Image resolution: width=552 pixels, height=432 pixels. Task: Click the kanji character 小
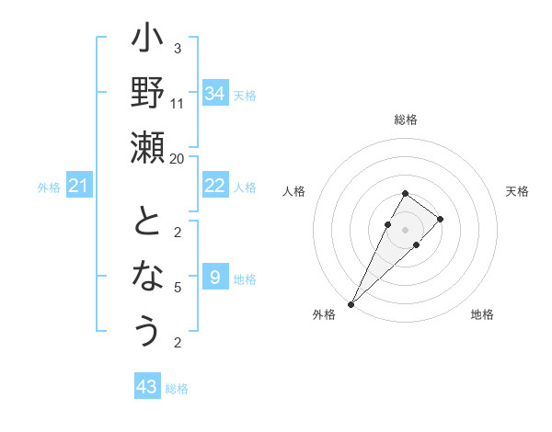click(x=147, y=41)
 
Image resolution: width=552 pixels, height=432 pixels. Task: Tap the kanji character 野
click(x=147, y=95)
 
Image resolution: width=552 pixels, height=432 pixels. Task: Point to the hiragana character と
click(x=147, y=223)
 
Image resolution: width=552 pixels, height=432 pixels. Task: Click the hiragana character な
click(x=147, y=277)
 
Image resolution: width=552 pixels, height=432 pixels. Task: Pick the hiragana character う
click(x=147, y=329)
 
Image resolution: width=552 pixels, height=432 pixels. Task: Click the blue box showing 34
click(x=214, y=94)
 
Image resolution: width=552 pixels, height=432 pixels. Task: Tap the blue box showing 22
click(x=214, y=187)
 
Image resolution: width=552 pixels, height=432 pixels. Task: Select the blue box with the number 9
click(x=214, y=278)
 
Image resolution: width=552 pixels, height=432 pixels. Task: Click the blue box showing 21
click(x=78, y=187)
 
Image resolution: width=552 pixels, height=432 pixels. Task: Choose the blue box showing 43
click(x=146, y=387)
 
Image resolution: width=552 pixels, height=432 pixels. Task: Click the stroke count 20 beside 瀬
click(x=178, y=158)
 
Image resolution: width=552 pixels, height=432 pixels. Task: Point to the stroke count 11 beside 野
click(x=178, y=103)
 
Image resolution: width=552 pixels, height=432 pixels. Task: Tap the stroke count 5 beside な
click(x=178, y=287)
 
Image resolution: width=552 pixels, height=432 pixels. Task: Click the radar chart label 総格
click(x=406, y=119)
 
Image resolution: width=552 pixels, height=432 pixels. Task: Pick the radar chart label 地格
click(x=482, y=314)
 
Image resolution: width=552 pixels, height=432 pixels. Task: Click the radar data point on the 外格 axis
click(x=351, y=303)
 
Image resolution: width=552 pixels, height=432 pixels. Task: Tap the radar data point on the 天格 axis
click(x=441, y=219)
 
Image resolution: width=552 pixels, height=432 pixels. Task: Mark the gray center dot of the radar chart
click(x=405, y=229)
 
